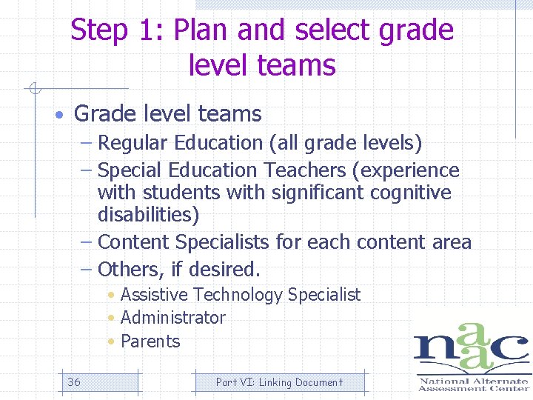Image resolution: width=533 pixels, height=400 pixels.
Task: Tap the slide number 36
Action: point(74,382)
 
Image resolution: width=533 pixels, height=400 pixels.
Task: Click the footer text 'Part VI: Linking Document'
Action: point(279,382)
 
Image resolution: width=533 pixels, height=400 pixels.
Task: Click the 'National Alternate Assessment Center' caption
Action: point(473,384)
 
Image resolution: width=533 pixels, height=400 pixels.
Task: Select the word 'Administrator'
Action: point(172,318)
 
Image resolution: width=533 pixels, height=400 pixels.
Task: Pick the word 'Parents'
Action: point(150,341)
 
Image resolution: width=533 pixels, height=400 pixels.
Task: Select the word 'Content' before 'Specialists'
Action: point(133,242)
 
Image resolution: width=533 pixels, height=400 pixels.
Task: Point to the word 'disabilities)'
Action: point(148,216)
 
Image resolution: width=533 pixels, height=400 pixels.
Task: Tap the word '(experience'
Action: point(406,170)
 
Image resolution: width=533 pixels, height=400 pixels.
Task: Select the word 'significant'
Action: point(314,193)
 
